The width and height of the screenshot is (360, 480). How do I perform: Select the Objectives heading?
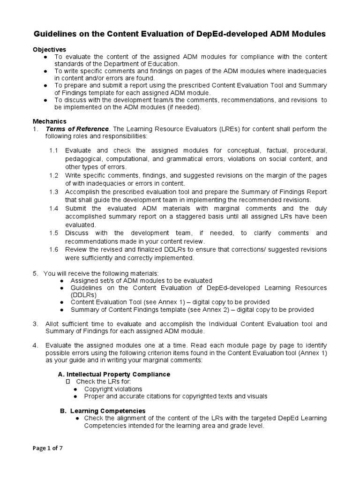(49, 49)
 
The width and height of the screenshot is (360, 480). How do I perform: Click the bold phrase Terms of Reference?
(77, 129)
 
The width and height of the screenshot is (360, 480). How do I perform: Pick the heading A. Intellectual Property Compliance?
(113, 374)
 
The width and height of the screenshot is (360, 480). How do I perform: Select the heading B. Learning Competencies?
(103, 411)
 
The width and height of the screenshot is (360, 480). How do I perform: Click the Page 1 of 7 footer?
(48, 448)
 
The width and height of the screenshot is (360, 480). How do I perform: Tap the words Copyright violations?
(113, 389)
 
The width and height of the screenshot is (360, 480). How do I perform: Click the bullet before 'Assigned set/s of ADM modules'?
(62, 280)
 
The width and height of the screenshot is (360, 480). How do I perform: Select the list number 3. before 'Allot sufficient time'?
(35, 324)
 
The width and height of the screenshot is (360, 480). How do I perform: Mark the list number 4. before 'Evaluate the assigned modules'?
(35, 345)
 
